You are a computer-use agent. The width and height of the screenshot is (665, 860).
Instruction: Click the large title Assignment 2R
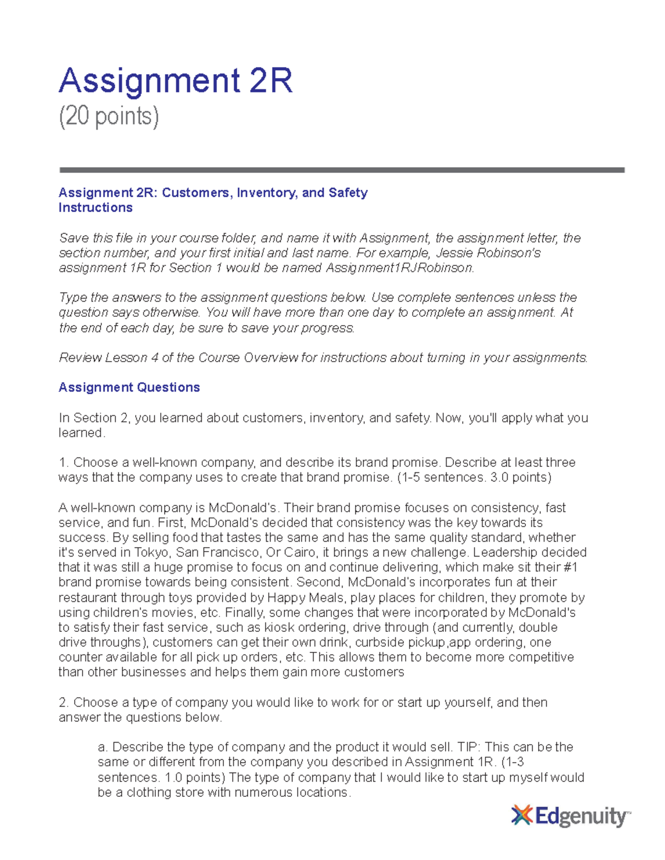click(175, 81)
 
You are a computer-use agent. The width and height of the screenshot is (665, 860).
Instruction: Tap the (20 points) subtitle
click(109, 116)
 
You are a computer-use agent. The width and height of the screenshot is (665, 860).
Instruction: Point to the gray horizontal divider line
click(341, 170)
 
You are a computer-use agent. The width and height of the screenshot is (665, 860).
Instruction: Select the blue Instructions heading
click(95, 208)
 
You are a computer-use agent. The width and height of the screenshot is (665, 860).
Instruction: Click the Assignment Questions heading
click(129, 387)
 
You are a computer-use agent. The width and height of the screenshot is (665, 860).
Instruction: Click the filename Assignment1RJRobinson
click(399, 268)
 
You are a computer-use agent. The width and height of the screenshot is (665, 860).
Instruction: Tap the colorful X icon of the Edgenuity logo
click(521, 816)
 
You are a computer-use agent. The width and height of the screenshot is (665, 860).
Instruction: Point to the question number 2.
click(63, 703)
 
